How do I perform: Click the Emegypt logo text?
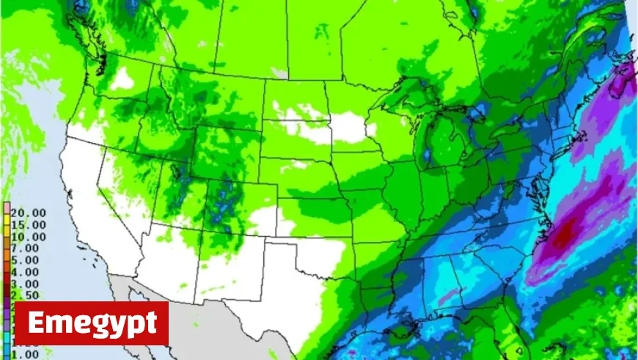click(92, 323)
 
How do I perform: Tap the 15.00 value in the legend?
click(29, 224)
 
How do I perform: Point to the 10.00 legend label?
click(29, 236)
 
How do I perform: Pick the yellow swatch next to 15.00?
click(7, 224)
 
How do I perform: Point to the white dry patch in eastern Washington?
click(122, 78)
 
